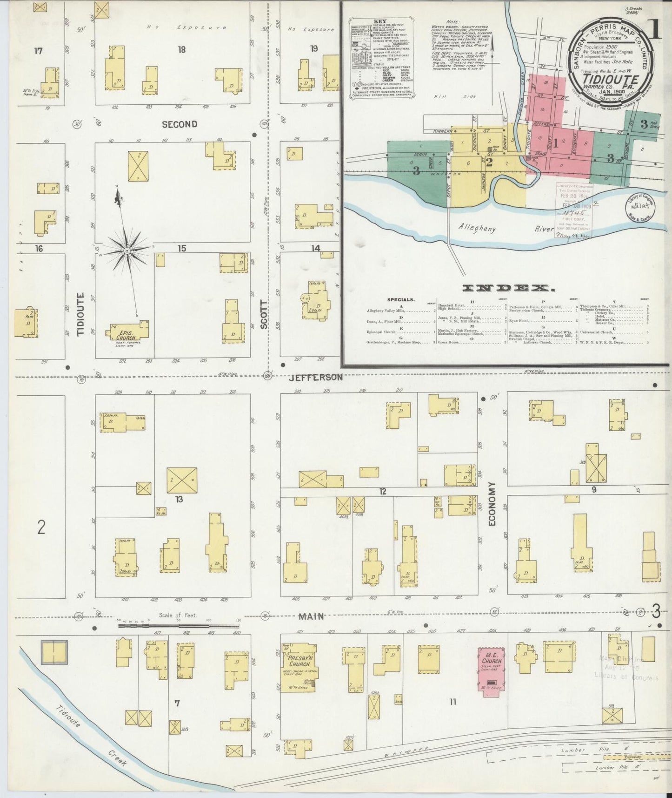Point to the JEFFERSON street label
point(315,377)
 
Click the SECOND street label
point(180,124)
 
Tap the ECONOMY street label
point(492,504)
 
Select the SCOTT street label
point(264,315)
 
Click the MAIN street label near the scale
point(311,616)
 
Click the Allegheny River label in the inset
point(506,228)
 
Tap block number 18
point(181,49)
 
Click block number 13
point(179,500)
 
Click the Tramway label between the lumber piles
point(620,757)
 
